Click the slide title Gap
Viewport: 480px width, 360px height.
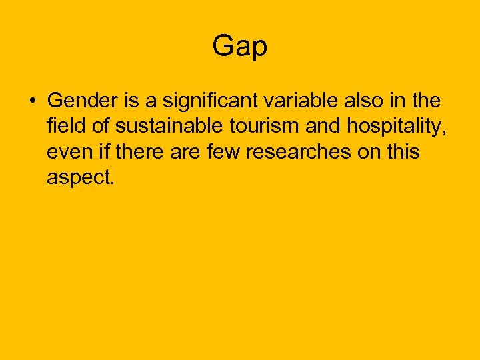coord(240,47)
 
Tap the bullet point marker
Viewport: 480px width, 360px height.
coord(31,102)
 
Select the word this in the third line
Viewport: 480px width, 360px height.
coord(401,152)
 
